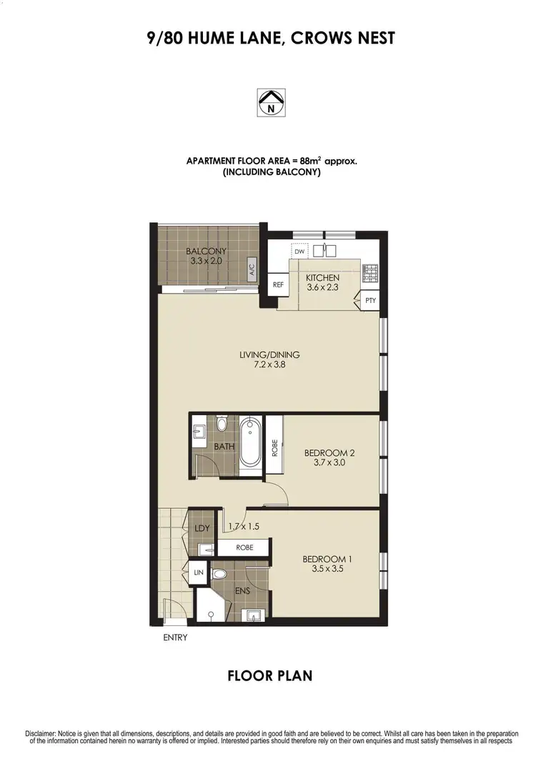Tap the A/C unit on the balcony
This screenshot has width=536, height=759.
pyautogui.click(x=252, y=270)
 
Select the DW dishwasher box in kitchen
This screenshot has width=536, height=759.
pyautogui.click(x=299, y=252)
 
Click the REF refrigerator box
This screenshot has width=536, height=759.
pyautogui.click(x=279, y=284)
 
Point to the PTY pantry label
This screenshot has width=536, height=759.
pyautogui.click(x=370, y=301)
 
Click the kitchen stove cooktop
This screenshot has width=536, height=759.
pyautogui.click(x=370, y=272)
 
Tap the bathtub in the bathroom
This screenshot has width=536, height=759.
pyautogui.click(x=250, y=442)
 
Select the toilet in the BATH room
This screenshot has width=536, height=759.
pyautogui.click(x=222, y=427)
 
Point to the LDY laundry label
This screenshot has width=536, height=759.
pyautogui.click(x=201, y=528)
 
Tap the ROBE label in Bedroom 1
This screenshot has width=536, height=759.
pyautogui.click(x=244, y=547)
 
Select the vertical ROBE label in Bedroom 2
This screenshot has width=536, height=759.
pyautogui.click(x=274, y=447)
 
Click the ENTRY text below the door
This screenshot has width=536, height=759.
pyautogui.click(x=175, y=638)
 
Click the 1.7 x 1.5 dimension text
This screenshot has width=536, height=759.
pyautogui.click(x=242, y=527)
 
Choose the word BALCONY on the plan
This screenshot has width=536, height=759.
pyautogui.click(x=206, y=251)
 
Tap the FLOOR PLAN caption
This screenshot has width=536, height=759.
pyautogui.click(x=269, y=675)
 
